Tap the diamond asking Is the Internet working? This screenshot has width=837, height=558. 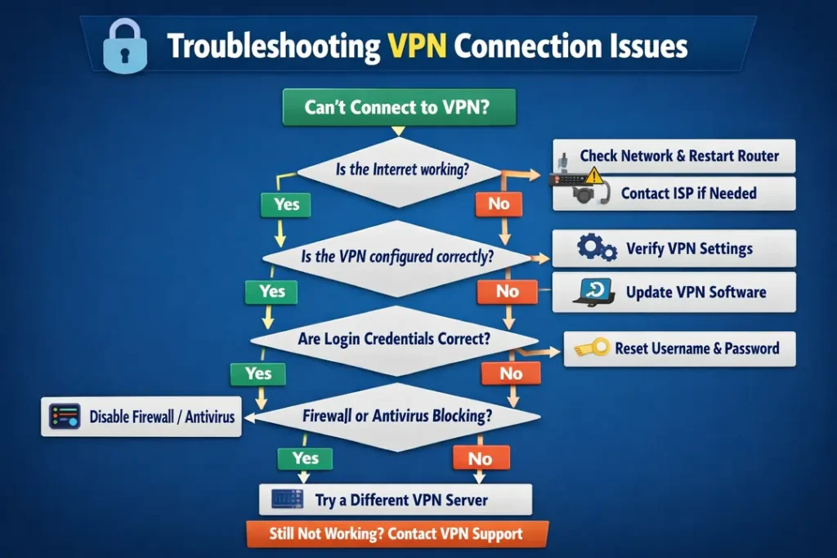(398, 170)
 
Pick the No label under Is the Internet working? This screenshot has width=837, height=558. (499, 204)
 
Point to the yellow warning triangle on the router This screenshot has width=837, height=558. (593, 174)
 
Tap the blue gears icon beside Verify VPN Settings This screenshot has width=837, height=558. (596, 248)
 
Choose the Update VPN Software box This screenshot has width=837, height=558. (674, 292)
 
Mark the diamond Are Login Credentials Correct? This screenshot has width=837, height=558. (394, 338)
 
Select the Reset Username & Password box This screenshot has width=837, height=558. (680, 348)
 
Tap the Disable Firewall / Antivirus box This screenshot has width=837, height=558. (141, 417)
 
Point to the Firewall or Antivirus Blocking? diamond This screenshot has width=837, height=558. (396, 416)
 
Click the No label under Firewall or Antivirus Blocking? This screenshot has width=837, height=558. (480, 458)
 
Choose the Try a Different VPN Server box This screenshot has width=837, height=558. (396, 499)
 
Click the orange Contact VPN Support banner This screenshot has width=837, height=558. (396, 534)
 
